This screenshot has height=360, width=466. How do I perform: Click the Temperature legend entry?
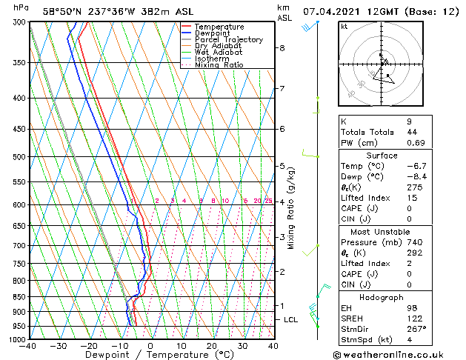(219, 27)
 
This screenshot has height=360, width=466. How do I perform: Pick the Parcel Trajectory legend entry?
(228, 40)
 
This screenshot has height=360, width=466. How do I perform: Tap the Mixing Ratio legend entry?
(219, 65)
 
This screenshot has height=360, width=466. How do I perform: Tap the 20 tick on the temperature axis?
(212, 346)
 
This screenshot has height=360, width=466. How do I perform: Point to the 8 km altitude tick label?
(282, 48)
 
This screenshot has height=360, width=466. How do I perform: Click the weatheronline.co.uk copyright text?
(398, 353)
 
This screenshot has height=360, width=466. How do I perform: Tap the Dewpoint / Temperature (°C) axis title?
(151, 355)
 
